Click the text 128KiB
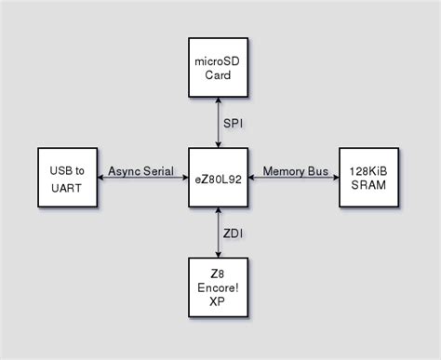[x=368, y=169]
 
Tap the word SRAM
[x=368, y=185]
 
